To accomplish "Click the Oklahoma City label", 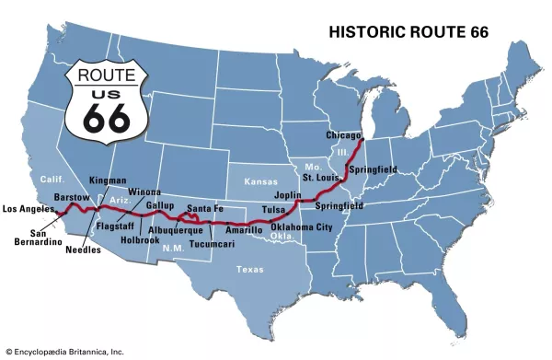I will pos(302,226).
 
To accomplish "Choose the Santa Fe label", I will pos(204,207).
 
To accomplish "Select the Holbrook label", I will pos(140,240).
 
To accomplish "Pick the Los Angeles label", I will pos(29,208).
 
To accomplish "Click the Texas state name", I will pos(249,270).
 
